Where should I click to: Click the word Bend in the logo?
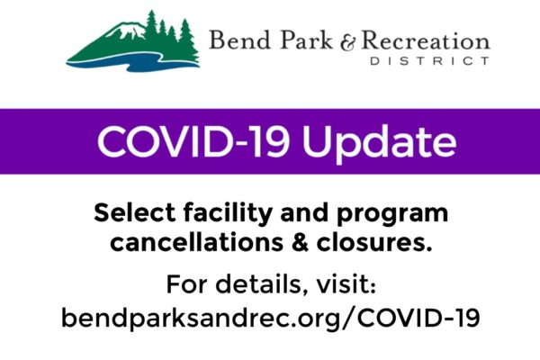tap(239, 40)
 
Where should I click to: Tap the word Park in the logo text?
tap(306, 40)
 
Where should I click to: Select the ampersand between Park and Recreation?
tap(347, 42)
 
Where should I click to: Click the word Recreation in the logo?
tap(426, 41)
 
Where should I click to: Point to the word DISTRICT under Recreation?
tap(430, 61)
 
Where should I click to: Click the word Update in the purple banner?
tap(380, 142)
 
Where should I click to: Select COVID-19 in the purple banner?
tap(193, 141)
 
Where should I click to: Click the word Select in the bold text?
tap(134, 212)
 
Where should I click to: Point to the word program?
tap(392, 215)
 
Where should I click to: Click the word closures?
tap(374, 242)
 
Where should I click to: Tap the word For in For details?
tap(187, 284)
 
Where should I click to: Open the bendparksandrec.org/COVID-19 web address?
tap(270, 319)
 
